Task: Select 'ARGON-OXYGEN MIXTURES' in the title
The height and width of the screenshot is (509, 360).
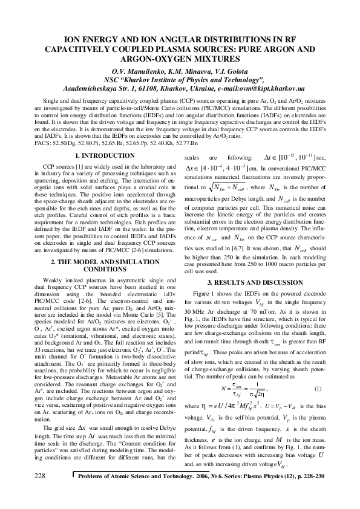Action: click(180, 59)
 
